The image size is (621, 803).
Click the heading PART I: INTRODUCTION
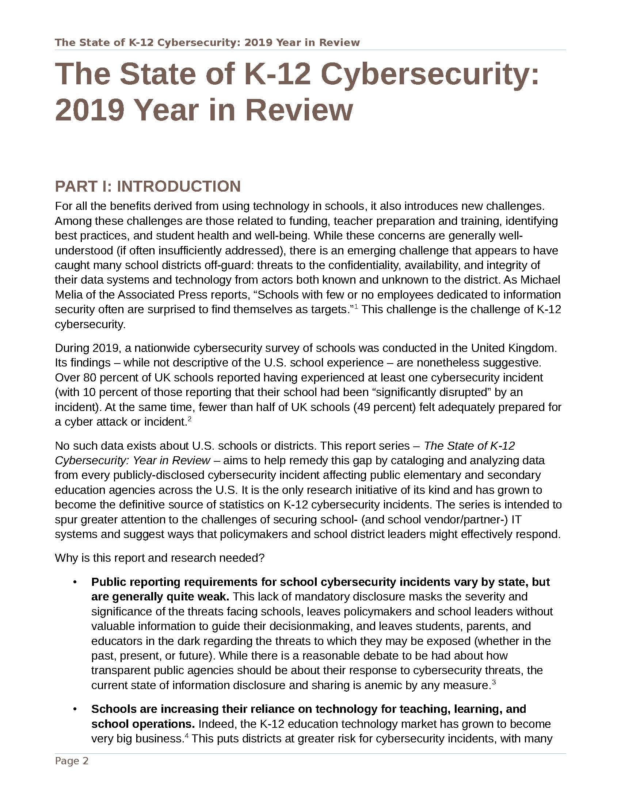148,187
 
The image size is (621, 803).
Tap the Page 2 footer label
72,761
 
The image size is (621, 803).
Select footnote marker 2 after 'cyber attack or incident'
190,418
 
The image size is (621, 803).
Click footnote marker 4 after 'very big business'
187,735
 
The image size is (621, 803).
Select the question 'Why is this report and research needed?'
160,558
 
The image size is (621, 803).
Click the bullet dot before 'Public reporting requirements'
75,582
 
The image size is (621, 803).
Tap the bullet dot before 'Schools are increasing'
75,709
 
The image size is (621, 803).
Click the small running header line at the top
207,43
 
